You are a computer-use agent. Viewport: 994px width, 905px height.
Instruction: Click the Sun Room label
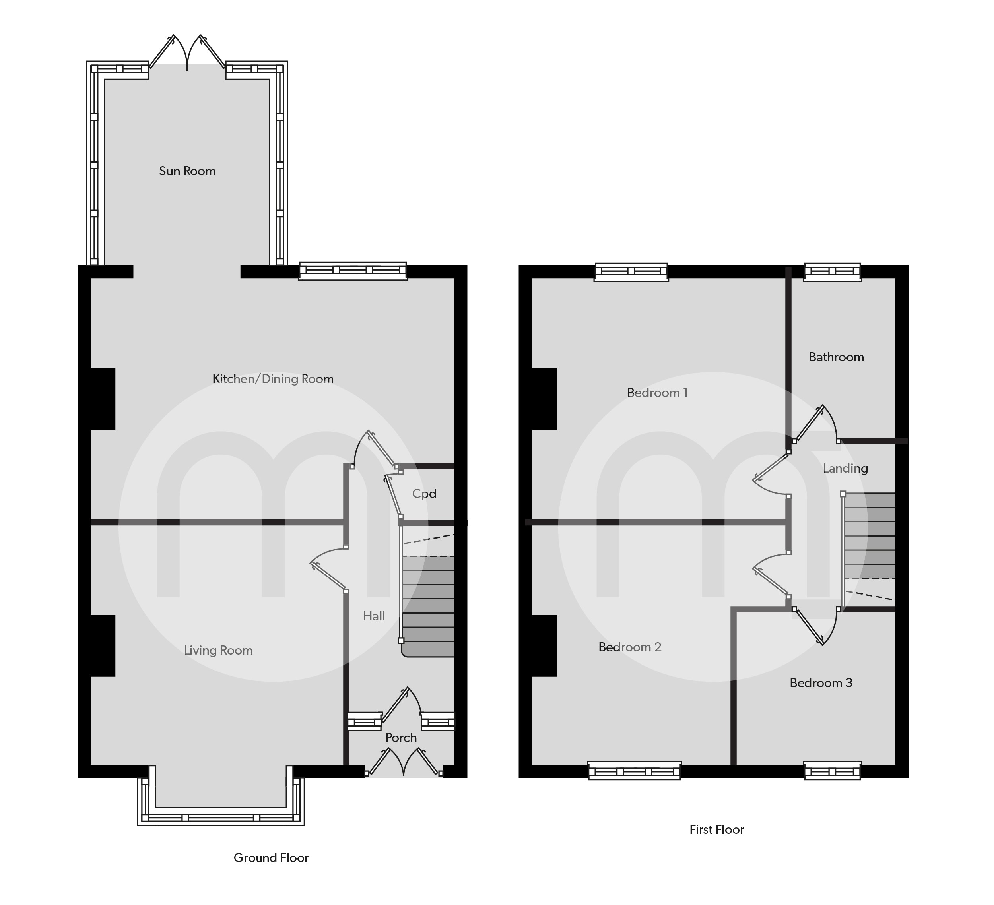(187, 171)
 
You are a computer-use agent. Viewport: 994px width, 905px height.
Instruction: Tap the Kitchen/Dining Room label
(273, 379)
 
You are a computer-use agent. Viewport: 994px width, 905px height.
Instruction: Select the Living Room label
(218, 651)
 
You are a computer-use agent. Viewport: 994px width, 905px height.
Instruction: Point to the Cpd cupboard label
(424, 494)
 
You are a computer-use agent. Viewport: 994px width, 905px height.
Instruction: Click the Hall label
(374, 616)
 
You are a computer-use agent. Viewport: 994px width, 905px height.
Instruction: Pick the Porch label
(401, 738)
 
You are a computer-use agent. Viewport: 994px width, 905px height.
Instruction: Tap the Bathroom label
(836, 357)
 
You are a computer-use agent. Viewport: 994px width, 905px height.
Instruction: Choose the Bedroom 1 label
(657, 393)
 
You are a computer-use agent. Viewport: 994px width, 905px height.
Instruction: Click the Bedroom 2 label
(630, 647)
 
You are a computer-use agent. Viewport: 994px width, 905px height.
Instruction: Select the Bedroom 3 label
(821, 683)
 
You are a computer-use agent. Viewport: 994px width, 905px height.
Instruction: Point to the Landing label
(845, 468)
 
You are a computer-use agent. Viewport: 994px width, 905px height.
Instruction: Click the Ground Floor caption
(271, 858)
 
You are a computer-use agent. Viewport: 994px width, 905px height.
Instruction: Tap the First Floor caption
(716, 830)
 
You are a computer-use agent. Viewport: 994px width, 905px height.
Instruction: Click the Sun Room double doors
(187, 53)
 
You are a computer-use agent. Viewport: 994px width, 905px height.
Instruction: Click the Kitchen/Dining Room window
(353, 271)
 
